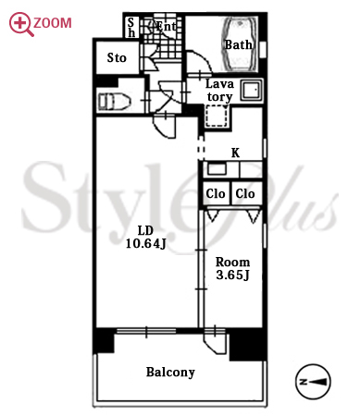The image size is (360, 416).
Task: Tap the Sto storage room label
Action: (x=117, y=57)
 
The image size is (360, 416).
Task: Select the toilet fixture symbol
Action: (x=115, y=102)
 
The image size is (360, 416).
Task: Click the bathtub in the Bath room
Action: (x=240, y=44)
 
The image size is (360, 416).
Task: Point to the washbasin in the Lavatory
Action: (x=252, y=90)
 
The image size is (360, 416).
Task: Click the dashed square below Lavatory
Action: (x=217, y=116)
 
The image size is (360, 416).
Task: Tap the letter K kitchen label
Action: (x=235, y=153)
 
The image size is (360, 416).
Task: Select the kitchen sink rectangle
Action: (x=217, y=169)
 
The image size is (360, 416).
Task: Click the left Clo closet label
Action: (x=216, y=193)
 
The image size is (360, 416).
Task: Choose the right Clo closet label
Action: (x=245, y=193)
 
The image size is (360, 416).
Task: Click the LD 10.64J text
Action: (x=145, y=237)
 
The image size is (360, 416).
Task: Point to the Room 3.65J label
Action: (x=232, y=268)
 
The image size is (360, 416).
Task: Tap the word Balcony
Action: (x=170, y=373)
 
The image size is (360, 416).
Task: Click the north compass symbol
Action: (x=313, y=382)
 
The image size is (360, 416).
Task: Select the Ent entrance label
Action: (x=166, y=27)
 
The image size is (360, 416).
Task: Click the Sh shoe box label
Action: (x=131, y=27)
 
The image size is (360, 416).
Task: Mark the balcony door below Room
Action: (x=214, y=340)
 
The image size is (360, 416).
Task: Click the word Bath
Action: (x=238, y=45)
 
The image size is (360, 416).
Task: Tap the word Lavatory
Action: (x=219, y=91)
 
